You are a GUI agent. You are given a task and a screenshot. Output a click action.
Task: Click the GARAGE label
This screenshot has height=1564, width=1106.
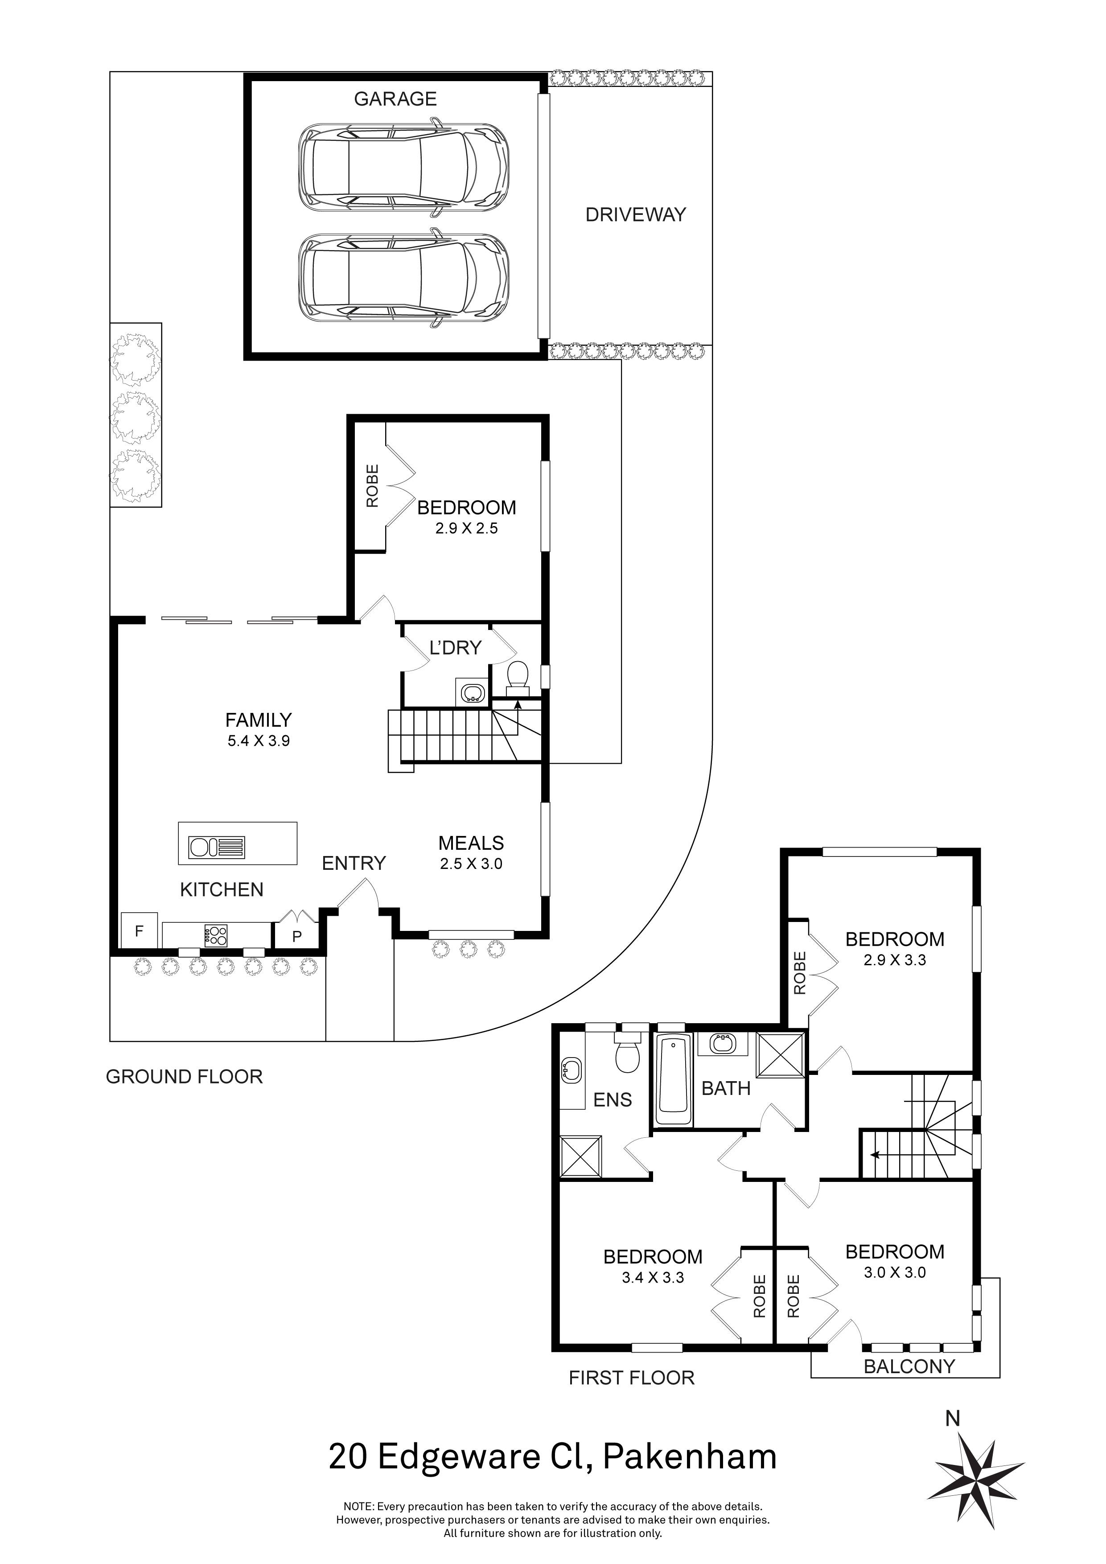click(x=395, y=99)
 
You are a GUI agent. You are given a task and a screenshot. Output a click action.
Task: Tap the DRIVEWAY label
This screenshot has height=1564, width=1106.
click(x=635, y=215)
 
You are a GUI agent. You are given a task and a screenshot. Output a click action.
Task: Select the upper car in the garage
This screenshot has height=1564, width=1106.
click(x=403, y=166)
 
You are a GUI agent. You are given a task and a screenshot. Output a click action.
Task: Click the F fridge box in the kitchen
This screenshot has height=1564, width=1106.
click(x=139, y=930)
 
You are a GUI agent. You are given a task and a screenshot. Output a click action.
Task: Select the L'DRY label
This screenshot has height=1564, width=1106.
click(x=455, y=648)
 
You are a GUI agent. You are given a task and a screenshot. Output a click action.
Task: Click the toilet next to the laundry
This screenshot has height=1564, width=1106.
click(x=518, y=675)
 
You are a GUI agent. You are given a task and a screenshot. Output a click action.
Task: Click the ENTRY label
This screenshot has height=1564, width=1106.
click(x=354, y=864)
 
